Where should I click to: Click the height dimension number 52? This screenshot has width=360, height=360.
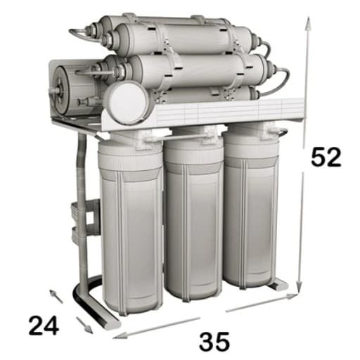[x=326, y=157]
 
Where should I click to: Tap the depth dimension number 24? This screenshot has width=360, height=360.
[x=44, y=325]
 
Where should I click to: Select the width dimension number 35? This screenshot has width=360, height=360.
[x=214, y=341]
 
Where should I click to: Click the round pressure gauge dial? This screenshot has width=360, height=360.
[x=127, y=103]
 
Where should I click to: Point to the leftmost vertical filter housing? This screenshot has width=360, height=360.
[x=131, y=226]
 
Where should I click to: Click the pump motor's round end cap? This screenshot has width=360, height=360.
[x=61, y=90]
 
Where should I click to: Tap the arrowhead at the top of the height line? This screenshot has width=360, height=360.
[x=309, y=23]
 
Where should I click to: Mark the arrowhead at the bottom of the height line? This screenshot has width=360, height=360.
[x=299, y=286]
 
